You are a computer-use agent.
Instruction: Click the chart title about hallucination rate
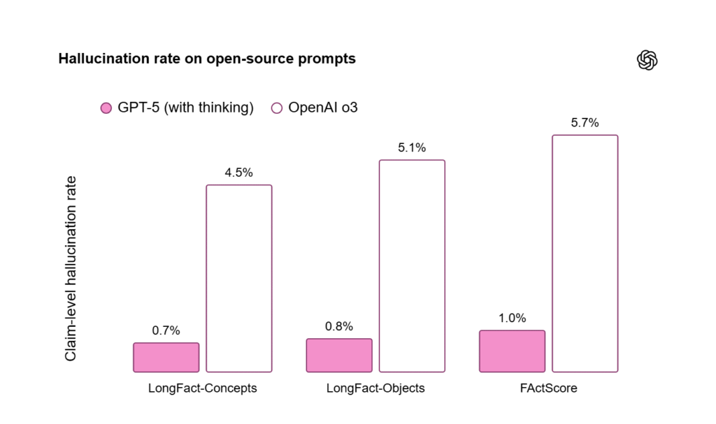tap(207, 59)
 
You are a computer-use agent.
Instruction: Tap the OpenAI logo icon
tap(647, 60)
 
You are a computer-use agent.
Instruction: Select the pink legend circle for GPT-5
tap(106, 108)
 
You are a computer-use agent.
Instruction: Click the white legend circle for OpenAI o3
tap(276, 108)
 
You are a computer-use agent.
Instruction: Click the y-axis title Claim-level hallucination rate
tap(71, 269)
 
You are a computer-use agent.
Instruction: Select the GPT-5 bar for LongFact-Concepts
tap(166, 357)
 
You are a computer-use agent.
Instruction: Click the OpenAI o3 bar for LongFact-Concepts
tap(239, 278)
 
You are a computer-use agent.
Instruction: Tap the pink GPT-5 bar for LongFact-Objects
tap(339, 355)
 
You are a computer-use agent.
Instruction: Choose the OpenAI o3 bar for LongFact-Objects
tap(412, 265)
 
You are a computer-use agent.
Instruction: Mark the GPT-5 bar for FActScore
tap(512, 351)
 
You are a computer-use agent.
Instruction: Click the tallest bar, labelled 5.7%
tap(585, 253)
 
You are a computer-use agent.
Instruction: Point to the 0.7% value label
tap(166, 330)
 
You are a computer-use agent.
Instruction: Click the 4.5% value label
tap(238, 173)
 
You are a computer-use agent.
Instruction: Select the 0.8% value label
tap(339, 326)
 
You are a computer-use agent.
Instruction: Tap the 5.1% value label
tap(412, 147)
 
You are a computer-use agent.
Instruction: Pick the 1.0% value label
tap(512, 318)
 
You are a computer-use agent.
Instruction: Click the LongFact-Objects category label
tap(375, 388)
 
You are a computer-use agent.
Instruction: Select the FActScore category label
tap(548, 388)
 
